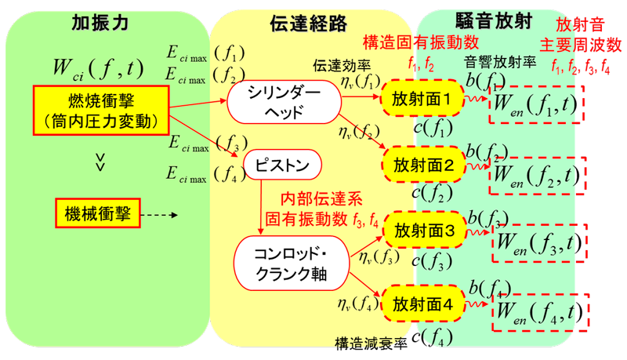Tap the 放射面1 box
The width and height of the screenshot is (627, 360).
[422, 100]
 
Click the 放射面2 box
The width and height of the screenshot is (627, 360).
[422, 166]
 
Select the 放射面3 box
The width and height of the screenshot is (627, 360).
[422, 232]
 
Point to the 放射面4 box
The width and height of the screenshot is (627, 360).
[422, 300]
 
